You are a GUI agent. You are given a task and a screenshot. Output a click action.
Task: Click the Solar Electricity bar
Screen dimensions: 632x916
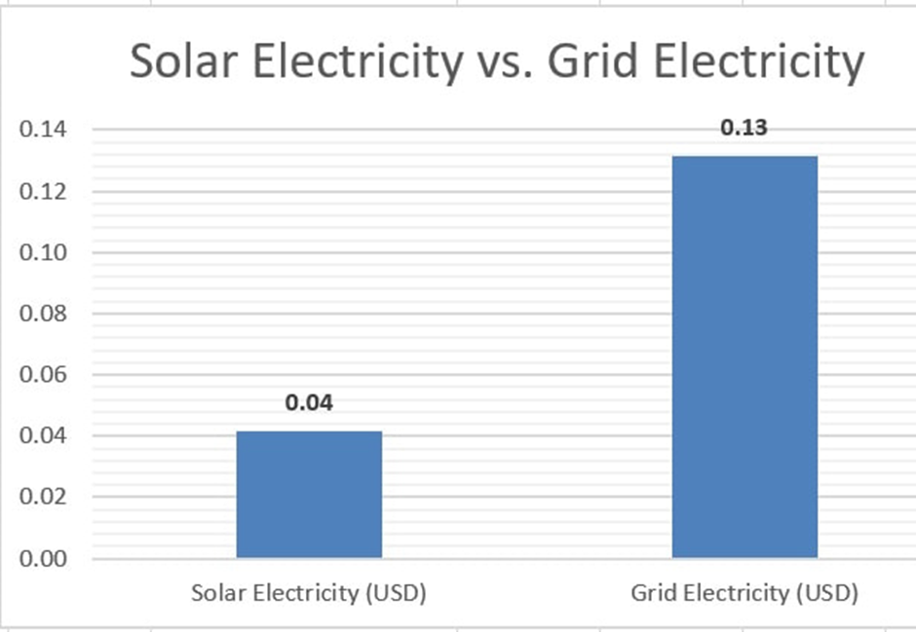[309, 494]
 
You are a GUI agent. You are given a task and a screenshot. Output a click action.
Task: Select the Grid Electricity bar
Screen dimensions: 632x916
[744, 356]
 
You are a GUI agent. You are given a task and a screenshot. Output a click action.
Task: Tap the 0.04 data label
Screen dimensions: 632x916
[309, 402]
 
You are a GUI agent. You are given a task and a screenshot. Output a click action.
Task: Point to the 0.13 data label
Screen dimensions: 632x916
[744, 128]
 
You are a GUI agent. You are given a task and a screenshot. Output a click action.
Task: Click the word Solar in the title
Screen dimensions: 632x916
[181, 62]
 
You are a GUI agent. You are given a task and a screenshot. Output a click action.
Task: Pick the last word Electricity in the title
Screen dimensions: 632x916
[759, 62]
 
